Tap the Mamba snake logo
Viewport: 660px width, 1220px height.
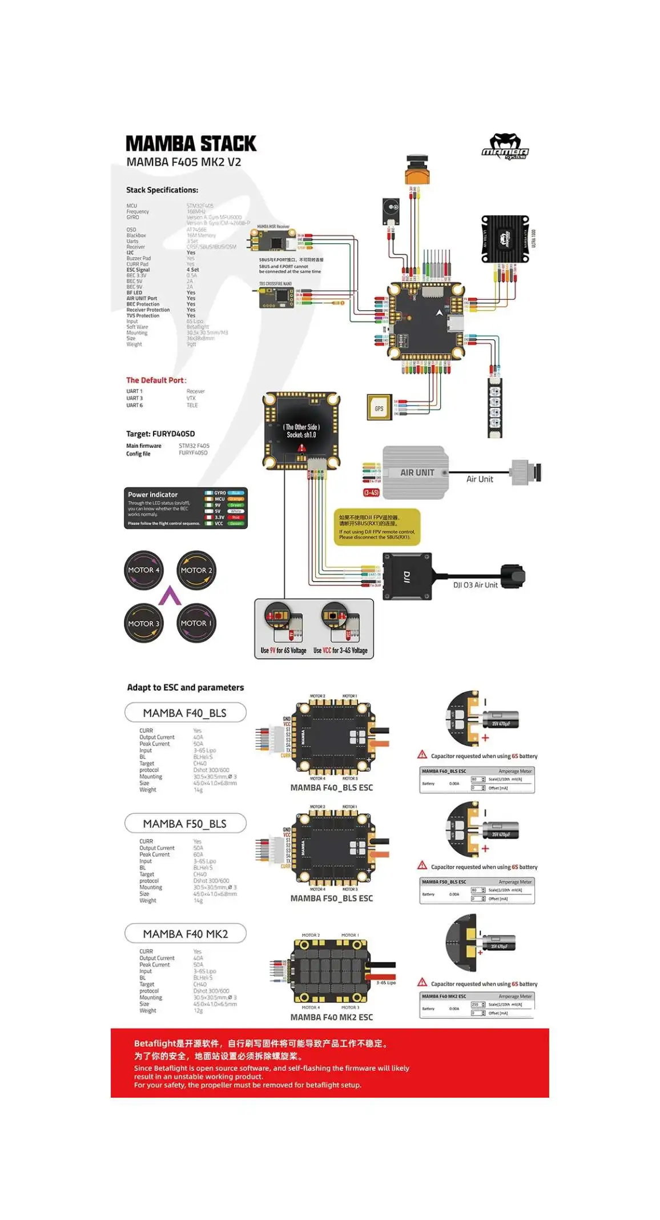(505, 147)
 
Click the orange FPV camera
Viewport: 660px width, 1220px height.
(417, 170)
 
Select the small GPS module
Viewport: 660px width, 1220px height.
(379, 408)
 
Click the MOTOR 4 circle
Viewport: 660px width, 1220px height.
(144, 569)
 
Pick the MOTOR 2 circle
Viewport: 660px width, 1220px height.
(196, 570)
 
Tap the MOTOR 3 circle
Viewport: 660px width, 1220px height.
(144, 623)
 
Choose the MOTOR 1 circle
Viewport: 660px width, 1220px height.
(196, 623)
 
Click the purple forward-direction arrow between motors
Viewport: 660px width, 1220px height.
(170, 596)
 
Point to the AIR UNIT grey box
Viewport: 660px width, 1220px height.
(415, 473)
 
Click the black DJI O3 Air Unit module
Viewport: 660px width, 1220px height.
(407, 576)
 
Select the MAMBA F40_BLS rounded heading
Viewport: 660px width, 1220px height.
(185, 713)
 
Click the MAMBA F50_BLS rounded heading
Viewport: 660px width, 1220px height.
(185, 823)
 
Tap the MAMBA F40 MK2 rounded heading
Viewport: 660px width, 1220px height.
(185, 933)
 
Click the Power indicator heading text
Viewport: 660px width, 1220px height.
(152, 495)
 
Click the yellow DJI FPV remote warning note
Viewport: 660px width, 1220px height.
(377, 527)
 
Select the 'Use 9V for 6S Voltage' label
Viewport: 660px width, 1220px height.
(283, 651)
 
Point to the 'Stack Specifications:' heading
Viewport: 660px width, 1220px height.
(162, 190)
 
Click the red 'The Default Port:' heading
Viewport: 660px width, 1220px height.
(156, 380)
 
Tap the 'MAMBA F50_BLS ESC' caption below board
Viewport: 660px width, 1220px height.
(331, 898)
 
